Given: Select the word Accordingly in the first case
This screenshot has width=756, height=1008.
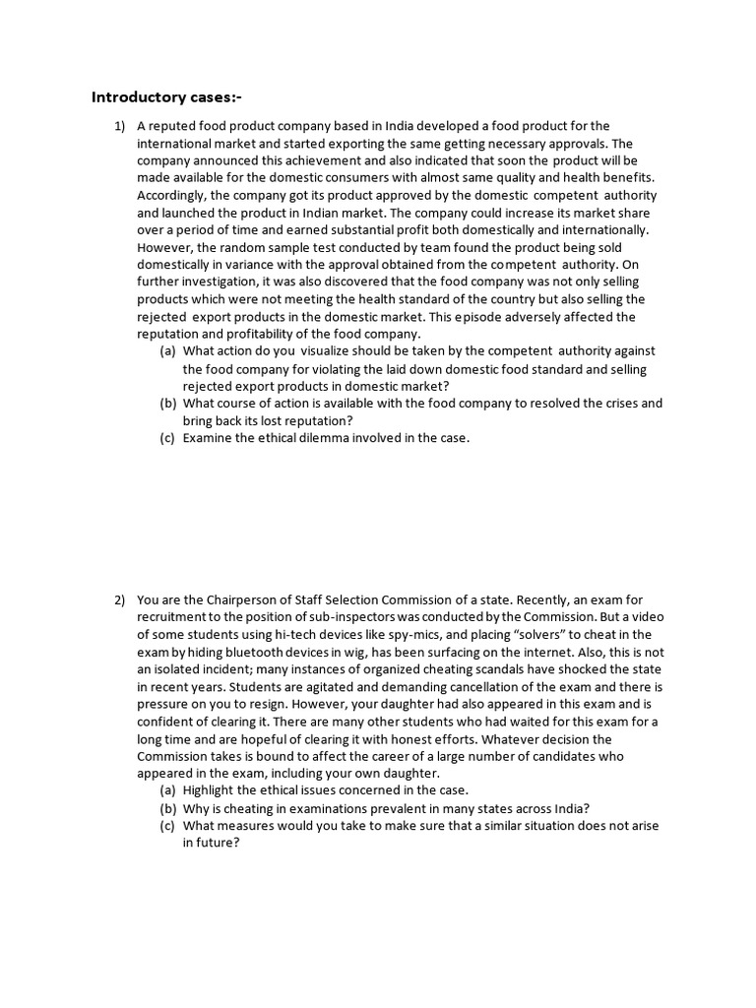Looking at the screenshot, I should [x=173, y=195].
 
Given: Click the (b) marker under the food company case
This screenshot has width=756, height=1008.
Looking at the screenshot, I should [x=168, y=403].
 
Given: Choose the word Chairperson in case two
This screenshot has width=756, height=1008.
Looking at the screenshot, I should [x=225, y=598].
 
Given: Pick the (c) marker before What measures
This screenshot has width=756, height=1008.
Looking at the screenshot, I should [x=168, y=826].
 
